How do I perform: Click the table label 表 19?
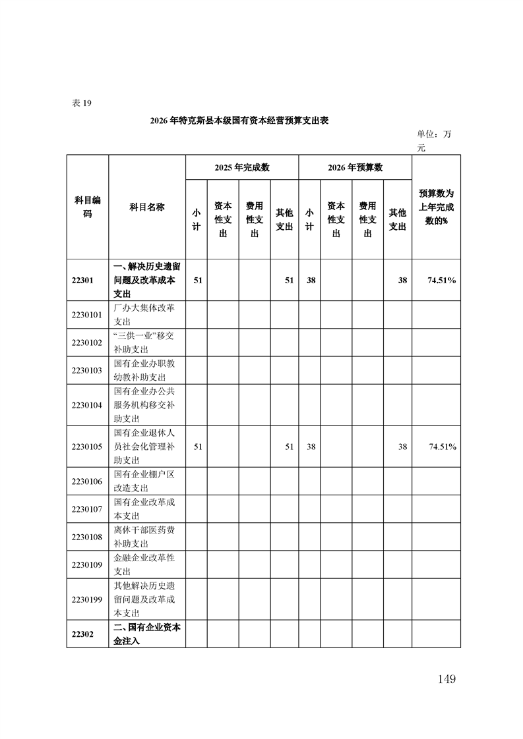coord(82,103)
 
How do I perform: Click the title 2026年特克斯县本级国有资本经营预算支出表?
coord(239,121)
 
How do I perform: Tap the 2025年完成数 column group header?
coord(242,167)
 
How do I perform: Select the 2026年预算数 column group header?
coord(355,167)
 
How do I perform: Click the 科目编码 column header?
coord(87,207)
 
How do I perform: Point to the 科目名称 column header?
coord(147,207)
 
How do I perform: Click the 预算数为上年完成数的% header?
coord(436,207)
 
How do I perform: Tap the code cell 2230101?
coord(87,315)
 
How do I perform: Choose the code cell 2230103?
coord(87,370)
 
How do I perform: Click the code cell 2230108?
coord(87,537)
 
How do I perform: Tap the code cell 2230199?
coord(87,599)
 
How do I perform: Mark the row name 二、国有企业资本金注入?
coord(147,634)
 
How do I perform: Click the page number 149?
coord(446,679)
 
